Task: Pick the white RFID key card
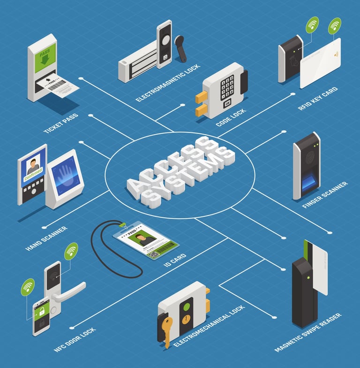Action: (320, 63)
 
